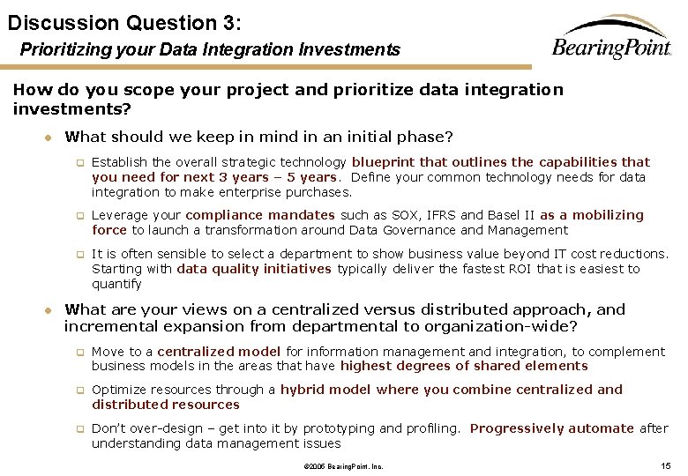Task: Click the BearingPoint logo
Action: [x=610, y=40]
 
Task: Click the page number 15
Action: [x=667, y=465]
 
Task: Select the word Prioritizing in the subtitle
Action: [x=64, y=50]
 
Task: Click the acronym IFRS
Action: [x=420, y=215]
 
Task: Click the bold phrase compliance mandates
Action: [x=260, y=215]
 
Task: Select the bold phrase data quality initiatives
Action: [x=254, y=269]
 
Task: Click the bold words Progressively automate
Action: [x=552, y=428]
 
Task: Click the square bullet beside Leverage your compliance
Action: [x=79, y=216]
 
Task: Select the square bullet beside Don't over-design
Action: [x=79, y=429]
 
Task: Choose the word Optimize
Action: [x=118, y=390]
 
